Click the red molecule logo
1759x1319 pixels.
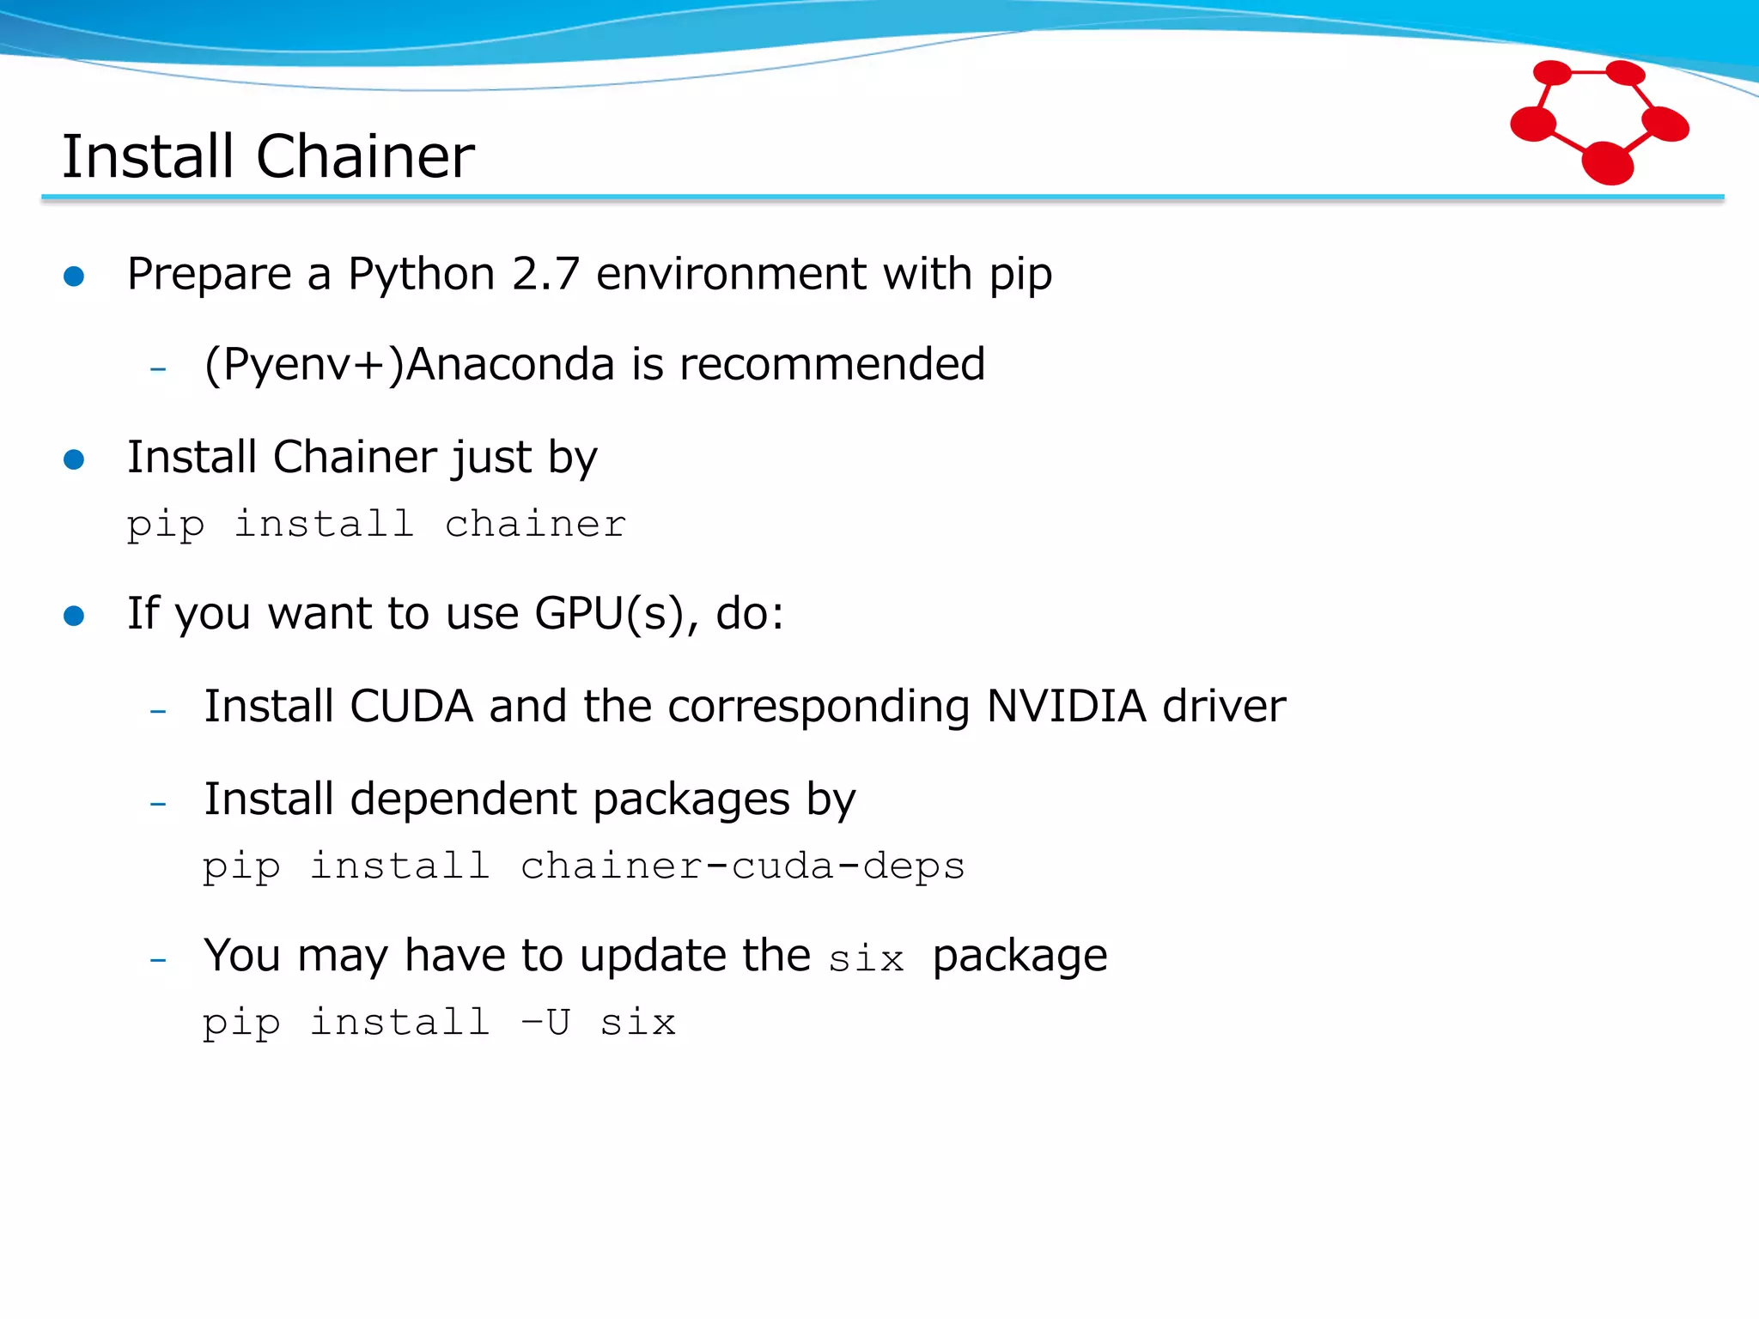(1598, 121)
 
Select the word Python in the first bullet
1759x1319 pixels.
(421, 276)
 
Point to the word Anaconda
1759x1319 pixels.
(510, 364)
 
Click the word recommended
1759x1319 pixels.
(831, 364)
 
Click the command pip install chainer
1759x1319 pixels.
(376, 524)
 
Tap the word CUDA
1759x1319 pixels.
(411, 706)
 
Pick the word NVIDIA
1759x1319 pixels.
(1066, 706)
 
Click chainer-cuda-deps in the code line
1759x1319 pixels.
(742, 866)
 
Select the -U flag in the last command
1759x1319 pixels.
(545, 1022)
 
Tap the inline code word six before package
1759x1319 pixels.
(866, 958)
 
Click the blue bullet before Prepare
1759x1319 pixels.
(74, 276)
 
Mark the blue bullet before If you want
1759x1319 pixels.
(74, 616)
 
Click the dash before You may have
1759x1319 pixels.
(158, 959)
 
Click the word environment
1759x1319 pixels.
(732, 274)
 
